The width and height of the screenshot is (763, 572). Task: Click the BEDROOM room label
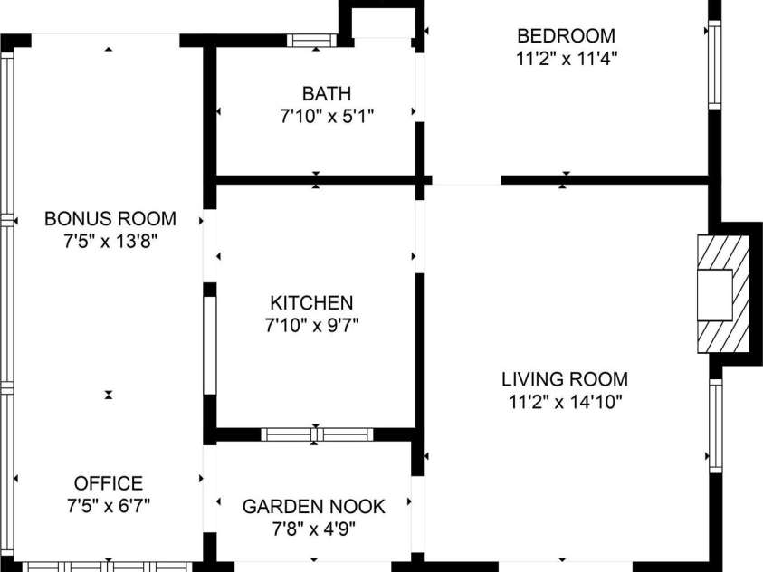(x=566, y=36)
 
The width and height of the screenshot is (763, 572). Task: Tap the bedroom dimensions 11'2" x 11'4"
(x=566, y=59)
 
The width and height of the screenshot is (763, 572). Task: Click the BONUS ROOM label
(x=110, y=219)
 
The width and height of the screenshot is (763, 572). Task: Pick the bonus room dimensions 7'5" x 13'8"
(x=110, y=242)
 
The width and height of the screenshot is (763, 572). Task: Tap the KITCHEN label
(x=311, y=302)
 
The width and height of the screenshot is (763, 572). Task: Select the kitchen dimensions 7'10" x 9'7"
(x=311, y=325)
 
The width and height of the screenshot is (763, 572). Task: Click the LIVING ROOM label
(x=566, y=379)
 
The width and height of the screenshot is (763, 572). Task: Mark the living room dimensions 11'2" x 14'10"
(x=566, y=402)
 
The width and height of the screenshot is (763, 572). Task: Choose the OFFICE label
(x=109, y=483)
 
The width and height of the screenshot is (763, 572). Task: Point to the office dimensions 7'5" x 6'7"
(x=109, y=506)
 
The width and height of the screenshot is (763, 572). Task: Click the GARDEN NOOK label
(x=313, y=506)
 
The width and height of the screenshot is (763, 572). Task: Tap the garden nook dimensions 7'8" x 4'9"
(x=313, y=529)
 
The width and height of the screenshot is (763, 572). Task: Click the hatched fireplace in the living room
(x=723, y=293)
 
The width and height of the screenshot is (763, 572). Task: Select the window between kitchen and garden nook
(x=317, y=434)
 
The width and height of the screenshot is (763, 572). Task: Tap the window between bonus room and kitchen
(x=209, y=344)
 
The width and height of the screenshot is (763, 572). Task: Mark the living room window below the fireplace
(x=715, y=425)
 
